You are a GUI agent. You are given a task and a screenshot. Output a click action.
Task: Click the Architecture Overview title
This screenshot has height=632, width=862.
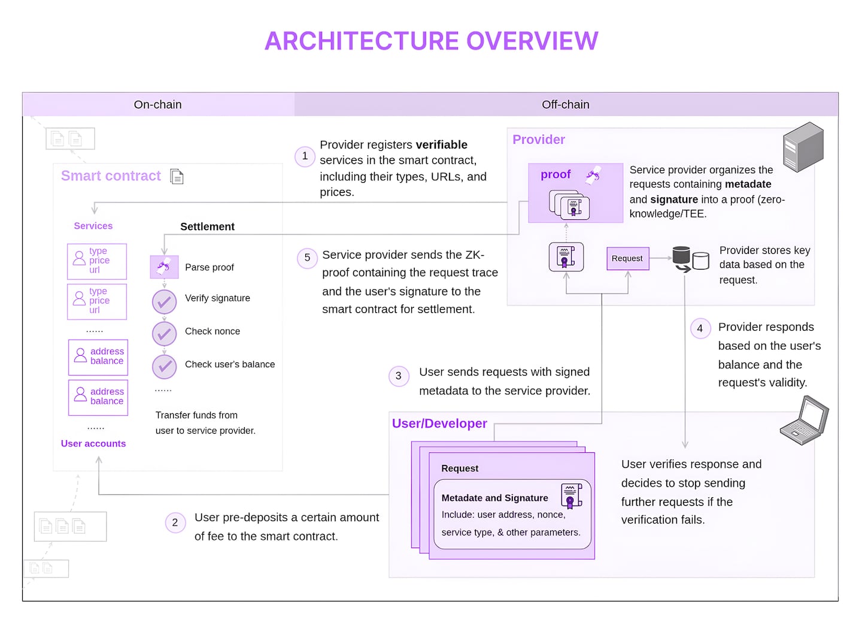point(431,41)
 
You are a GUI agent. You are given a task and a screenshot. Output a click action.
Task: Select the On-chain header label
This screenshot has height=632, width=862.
point(157,104)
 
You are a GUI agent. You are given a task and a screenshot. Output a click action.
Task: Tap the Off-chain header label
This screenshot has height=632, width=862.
point(565,104)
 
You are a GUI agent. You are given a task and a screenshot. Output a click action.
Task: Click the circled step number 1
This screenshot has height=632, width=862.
point(305,156)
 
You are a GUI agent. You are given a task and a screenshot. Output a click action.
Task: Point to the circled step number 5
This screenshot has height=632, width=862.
point(307,258)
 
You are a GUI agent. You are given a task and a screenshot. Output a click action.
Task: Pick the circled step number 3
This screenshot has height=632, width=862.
point(399,376)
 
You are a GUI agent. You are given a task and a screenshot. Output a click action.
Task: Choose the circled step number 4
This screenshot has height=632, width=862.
point(700,328)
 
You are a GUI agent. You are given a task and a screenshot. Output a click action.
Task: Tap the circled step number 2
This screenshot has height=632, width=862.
point(175,522)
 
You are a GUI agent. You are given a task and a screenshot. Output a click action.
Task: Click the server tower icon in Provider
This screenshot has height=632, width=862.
point(803,147)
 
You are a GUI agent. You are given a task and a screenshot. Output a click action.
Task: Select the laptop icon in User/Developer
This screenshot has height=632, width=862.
point(805,421)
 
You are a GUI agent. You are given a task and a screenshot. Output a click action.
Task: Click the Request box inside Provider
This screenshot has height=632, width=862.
point(627,258)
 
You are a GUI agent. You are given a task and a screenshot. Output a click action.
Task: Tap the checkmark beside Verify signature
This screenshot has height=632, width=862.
point(164,302)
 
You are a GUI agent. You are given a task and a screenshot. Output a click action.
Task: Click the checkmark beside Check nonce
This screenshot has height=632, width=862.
point(164,334)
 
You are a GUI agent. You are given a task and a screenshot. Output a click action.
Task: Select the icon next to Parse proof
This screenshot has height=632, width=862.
point(164,267)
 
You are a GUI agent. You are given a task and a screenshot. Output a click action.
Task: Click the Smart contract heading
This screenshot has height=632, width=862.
point(111,176)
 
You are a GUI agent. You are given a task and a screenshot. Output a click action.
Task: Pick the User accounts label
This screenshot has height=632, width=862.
point(93,443)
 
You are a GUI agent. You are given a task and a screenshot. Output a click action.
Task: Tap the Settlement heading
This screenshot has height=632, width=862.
point(207,226)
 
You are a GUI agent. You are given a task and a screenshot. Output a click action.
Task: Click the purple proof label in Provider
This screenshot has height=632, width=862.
point(556,174)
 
